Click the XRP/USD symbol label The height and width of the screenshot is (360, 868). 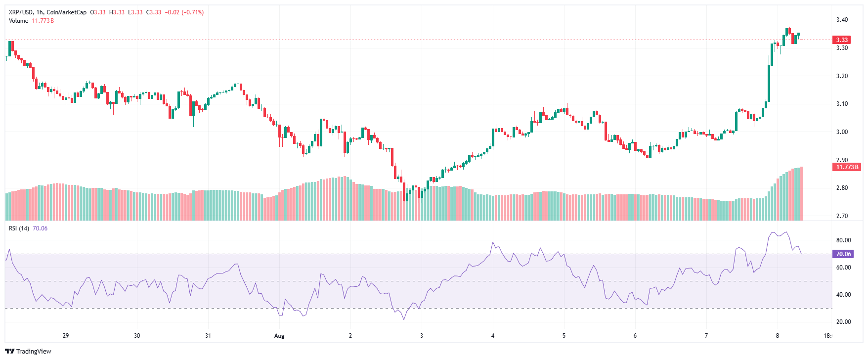[x=20, y=12]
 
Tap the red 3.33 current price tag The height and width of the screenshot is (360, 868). [x=842, y=40]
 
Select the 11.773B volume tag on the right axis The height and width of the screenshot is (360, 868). [x=847, y=167]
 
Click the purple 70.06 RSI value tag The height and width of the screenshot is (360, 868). [x=843, y=254]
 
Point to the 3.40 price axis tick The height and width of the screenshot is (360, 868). [x=842, y=20]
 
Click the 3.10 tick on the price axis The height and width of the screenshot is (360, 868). [x=842, y=104]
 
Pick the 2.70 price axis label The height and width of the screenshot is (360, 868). [x=842, y=216]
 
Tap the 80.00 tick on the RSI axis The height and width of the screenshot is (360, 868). [x=843, y=240]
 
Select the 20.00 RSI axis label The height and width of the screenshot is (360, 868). [x=843, y=322]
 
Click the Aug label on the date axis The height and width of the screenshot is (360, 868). [x=279, y=336]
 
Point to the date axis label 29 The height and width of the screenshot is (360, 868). [x=66, y=336]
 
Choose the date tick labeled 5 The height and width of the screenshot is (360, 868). [x=564, y=336]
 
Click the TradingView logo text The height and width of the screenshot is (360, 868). [x=33, y=351]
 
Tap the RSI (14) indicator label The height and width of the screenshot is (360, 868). [x=19, y=228]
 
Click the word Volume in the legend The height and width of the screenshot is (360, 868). [x=18, y=21]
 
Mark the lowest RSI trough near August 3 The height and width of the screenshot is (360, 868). [x=404, y=319]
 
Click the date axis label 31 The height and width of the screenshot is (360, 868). [x=208, y=336]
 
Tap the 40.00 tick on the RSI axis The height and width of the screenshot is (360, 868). [x=843, y=295]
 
